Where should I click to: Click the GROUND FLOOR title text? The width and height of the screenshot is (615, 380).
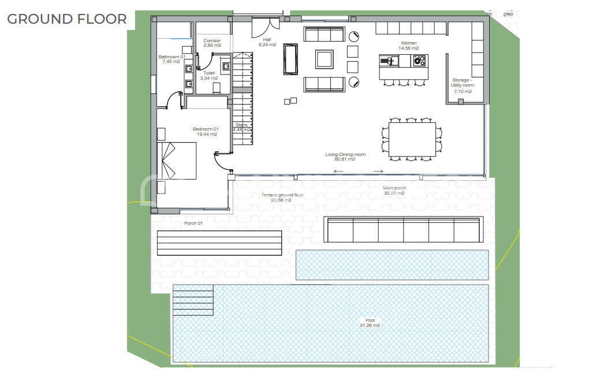pos(67,18)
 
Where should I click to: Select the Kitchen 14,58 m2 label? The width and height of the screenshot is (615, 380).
pos(409,46)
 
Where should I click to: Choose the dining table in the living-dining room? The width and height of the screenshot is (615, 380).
pos(412,139)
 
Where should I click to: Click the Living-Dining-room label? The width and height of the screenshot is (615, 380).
pos(345,157)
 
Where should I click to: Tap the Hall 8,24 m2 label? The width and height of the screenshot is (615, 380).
pos(267,42)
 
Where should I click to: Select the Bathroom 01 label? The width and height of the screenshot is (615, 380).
pos(172,59)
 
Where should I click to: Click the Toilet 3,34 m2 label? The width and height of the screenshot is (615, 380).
pos(208,76)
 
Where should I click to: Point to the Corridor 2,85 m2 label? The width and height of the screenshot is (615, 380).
pos(212,42)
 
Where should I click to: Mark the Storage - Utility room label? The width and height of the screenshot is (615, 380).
pos(463,85)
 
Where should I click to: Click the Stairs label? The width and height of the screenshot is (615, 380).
pos(242,127)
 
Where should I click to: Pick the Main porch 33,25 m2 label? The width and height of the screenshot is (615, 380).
pos(394,190)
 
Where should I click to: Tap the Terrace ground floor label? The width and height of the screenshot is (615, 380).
pos(282,198)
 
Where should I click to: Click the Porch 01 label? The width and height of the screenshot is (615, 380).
pos(193,223)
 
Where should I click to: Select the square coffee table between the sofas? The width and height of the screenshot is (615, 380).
pos(324,59)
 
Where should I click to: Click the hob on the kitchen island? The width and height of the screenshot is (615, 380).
pos(419,60)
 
